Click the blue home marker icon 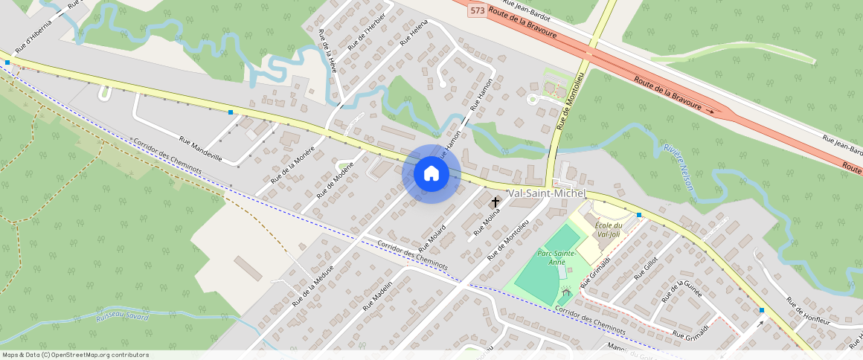click(431, 174)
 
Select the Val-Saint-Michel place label click(547, 193)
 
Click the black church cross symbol click(495, 202)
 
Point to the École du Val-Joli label click(608, 229)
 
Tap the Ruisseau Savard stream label click(123, 317)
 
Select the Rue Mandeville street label click(201, 148)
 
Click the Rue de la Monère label click(292, 164)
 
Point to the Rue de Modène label click(336, 180)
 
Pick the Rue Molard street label click(431, 237)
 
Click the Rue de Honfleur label click(807, 312)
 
